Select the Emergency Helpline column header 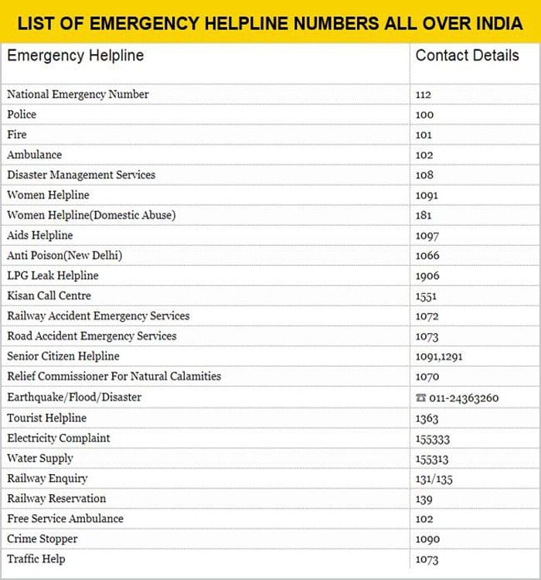75,56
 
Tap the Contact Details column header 467,56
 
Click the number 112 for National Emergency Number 424,94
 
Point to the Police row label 22,114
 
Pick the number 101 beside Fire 424,135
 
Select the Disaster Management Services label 81,175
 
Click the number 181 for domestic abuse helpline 424,215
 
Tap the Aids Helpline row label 40,235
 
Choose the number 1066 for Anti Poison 427,255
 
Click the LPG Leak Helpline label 53,275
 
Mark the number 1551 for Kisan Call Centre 426,295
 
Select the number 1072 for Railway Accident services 427,316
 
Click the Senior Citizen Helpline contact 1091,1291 439,357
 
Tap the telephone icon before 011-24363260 420,397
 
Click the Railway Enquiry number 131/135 434,479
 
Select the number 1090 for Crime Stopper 427,539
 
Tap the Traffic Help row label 36,558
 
